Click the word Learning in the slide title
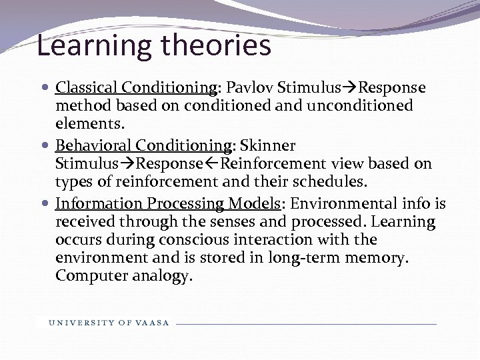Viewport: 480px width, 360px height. tap(93, 47)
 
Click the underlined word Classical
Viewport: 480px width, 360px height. tap(83, 88)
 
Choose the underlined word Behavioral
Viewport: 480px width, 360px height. tap(92, 145)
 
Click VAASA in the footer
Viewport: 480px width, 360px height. tap(153, 323)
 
